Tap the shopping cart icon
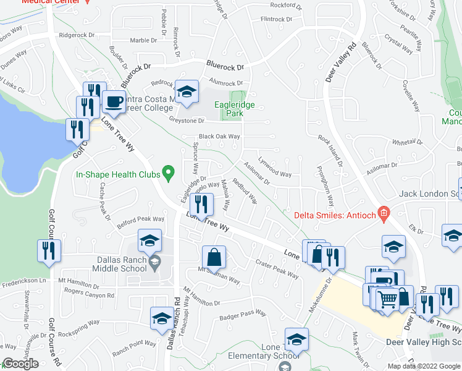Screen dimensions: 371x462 coord(387,299)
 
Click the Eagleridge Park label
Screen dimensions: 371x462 coord(235,109)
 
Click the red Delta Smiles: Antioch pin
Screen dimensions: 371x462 coord(384,215)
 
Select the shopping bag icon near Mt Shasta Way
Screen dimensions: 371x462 coord(214,257)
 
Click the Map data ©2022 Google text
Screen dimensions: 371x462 coord(424,366)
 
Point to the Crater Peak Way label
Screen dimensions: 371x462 coord(277,267)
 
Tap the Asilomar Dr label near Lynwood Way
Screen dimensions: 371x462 coord(257,177)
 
